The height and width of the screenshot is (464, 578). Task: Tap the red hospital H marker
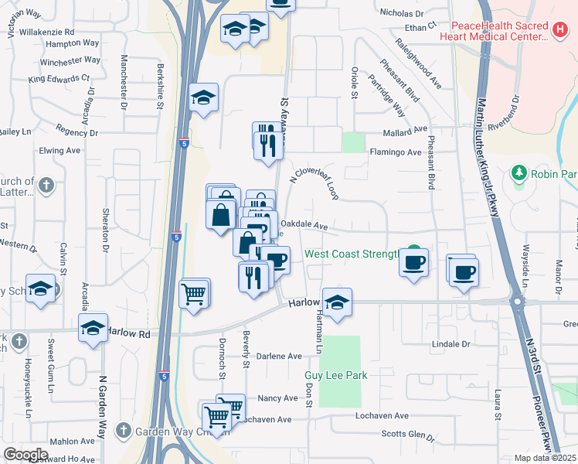(561, 29)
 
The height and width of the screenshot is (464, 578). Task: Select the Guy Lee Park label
(335, 375)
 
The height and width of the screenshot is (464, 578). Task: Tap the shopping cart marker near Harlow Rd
(194, 292)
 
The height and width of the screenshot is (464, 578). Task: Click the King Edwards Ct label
(59, 78)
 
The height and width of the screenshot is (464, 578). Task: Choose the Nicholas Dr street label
(402, 13)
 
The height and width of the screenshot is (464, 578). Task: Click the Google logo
(25, 454)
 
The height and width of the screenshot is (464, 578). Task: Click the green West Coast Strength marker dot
(415, 251)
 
